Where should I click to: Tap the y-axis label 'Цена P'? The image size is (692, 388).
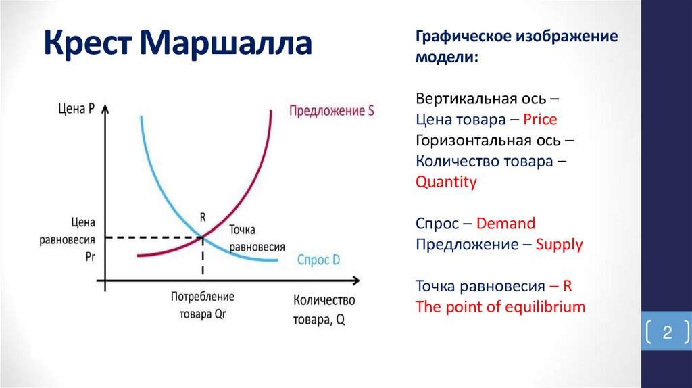tap(76, 107)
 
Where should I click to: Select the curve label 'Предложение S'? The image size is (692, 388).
tap(331, 111)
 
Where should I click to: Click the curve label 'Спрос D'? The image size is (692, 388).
tap(318, 260)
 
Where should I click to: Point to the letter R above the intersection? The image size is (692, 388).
tap(202, 218)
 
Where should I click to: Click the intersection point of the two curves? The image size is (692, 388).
tap(202, 237)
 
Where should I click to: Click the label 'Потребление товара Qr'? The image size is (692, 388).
tap(202, 305)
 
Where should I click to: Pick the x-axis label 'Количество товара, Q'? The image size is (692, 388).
tap(324, 310)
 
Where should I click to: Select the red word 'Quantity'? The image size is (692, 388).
tap(446, 182)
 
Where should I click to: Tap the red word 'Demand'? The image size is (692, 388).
tap(505, 223)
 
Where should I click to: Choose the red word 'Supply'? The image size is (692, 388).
tap(559, 244)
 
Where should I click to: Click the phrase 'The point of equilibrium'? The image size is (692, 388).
tap(500, 306)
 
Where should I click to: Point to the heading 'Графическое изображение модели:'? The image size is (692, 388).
tap(516, 47)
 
